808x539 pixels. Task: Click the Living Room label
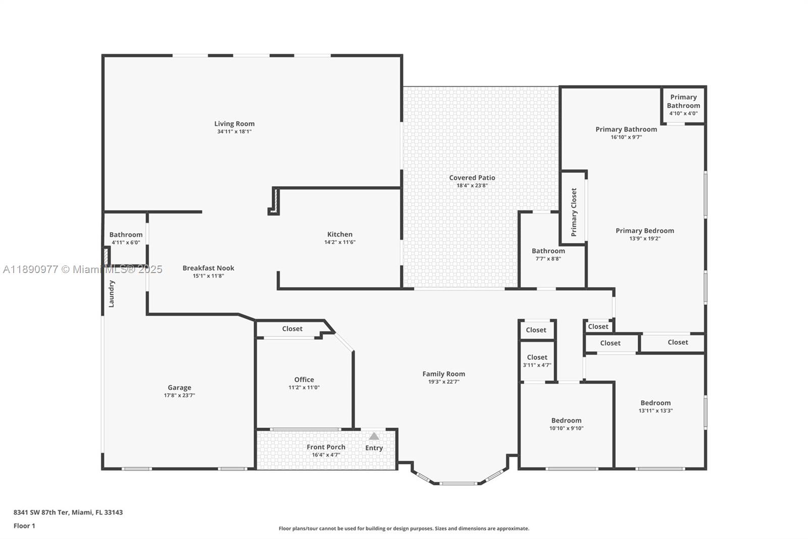pos(234,124)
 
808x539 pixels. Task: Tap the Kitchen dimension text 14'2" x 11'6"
pos(340,242)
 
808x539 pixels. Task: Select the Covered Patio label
pos(472,178)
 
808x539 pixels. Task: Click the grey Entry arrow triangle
pos(374,436)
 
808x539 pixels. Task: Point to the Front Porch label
pos(326,447)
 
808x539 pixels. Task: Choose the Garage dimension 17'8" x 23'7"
pos(179,395)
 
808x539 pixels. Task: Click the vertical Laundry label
pos(112,294)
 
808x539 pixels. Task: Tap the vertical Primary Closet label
pos(574,212)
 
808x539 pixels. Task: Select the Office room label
pos(304,380)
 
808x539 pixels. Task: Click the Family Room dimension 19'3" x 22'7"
pos(443,382)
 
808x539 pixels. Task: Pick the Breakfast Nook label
pos(208,268)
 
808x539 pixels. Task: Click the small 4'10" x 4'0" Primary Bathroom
pos(683,105)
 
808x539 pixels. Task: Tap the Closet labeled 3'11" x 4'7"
pos(537,361)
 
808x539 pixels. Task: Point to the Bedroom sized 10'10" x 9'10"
pos(566,424)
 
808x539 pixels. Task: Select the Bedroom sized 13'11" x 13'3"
pos(655,407)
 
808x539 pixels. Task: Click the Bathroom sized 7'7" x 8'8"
pos(548,254)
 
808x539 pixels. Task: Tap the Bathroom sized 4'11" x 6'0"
pos(126,238)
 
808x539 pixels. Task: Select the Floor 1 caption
pos(24,526)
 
